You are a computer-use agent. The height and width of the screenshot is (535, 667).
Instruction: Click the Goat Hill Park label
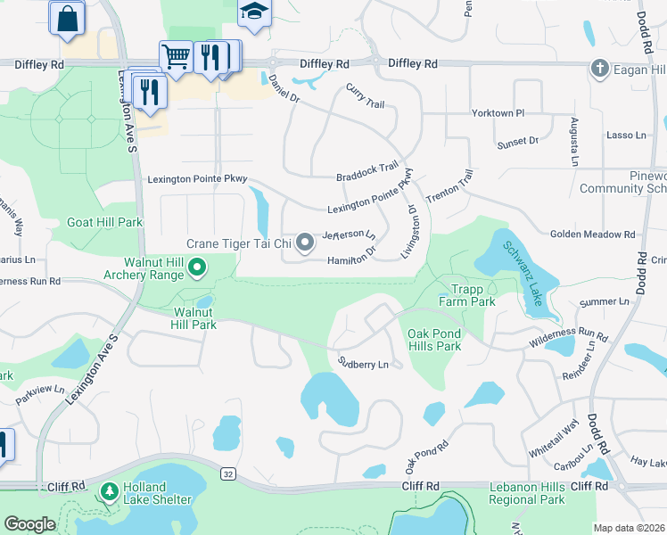tap(105, 222)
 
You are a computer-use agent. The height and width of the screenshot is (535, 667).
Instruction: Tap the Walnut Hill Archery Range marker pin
tap(198, 266)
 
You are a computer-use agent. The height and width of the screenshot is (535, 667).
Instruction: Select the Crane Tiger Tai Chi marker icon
tap(305, 243)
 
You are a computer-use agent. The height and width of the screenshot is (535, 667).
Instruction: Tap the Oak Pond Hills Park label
tap(434, 340)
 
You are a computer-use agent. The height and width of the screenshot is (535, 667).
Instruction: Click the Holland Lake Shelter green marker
tap(110, 491)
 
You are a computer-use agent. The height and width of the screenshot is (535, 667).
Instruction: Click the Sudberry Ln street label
tap(363, 364)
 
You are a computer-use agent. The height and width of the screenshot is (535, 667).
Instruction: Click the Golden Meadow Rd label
tap(592, 235)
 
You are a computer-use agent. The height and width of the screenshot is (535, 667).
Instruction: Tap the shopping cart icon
tap(176, 56)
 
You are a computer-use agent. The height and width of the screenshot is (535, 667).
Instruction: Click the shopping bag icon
tap(68, 18)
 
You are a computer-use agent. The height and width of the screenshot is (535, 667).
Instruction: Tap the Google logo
tap(29, 524)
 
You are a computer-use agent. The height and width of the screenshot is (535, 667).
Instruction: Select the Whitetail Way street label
tap(565, 438)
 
